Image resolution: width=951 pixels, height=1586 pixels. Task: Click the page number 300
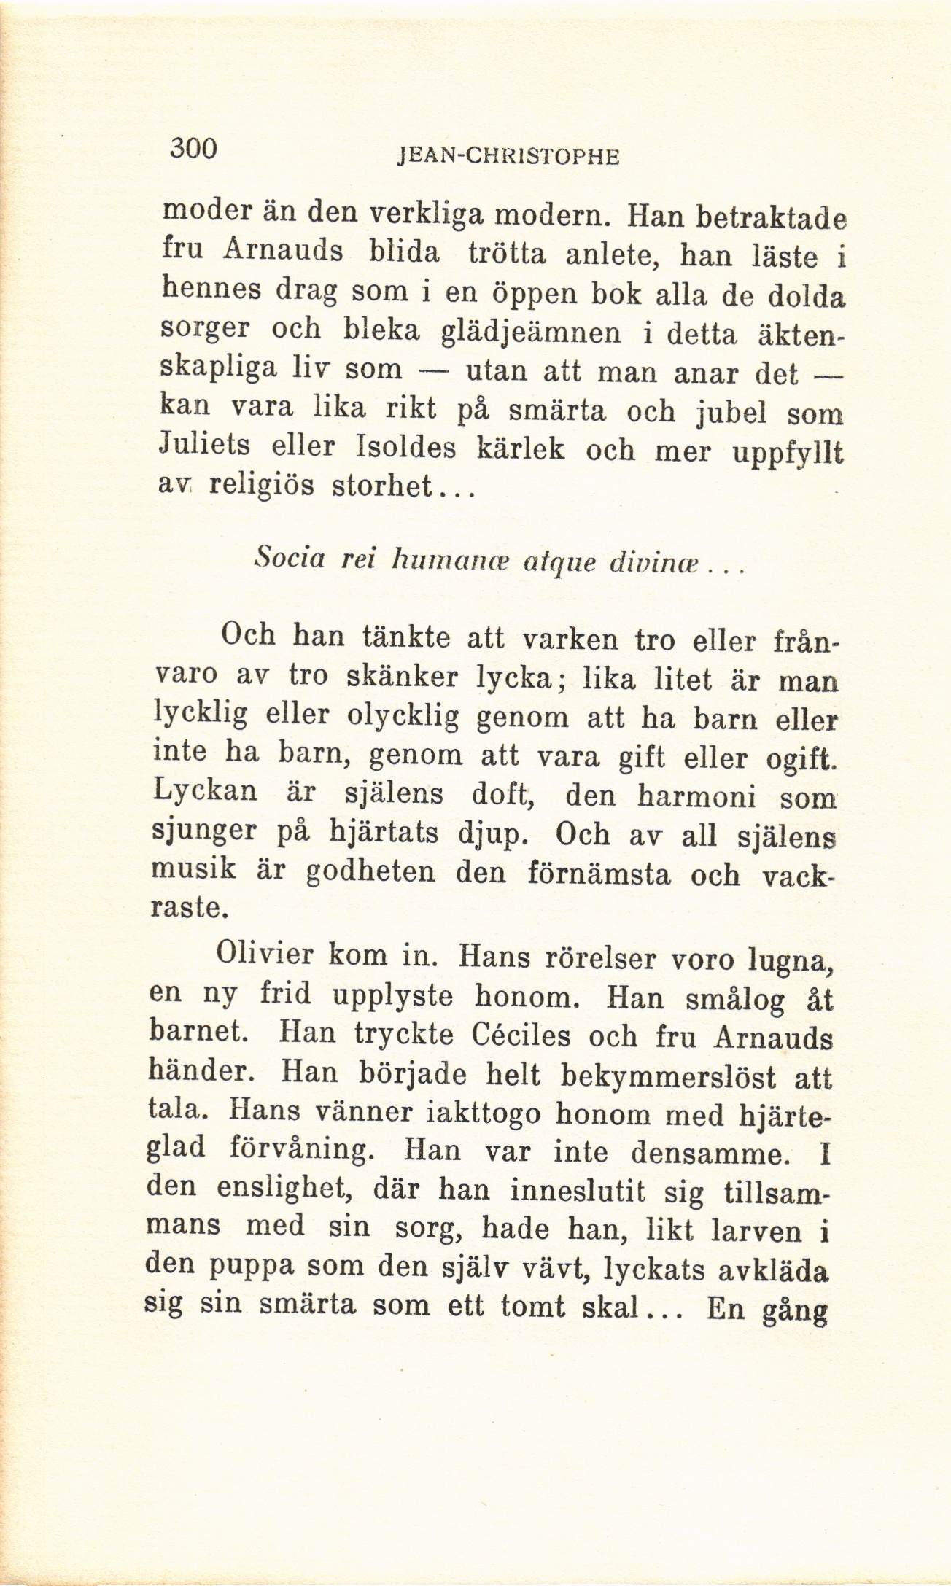pyautogui.click(x=194, y=149)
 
